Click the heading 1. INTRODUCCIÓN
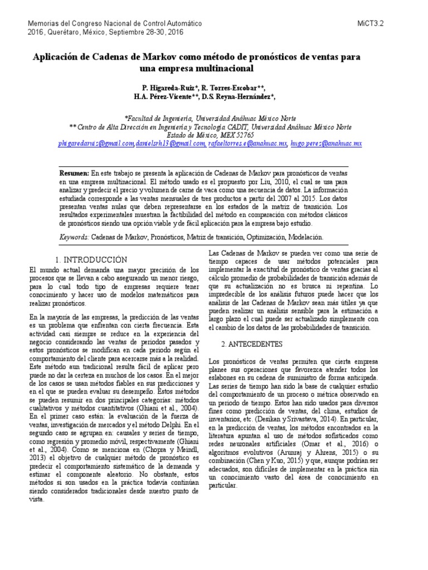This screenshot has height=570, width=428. coord(92,259)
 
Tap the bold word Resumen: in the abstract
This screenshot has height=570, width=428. coord(74,173)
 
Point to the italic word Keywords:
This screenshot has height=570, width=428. coord(74,237)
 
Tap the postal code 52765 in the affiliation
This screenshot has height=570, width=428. coord(244,135)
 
